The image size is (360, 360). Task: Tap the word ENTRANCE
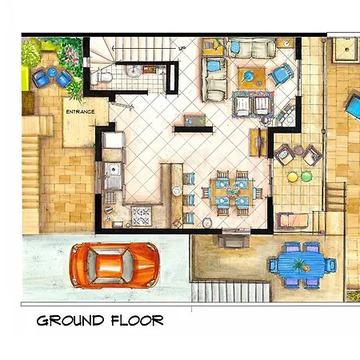point(80,112)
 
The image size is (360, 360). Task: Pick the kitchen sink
point(113,172)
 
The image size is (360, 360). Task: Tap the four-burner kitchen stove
point(142,214)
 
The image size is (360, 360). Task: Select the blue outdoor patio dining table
point(300,264)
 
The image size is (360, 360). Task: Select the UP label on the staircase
point(182,49)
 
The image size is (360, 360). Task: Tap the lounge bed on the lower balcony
point(297,220)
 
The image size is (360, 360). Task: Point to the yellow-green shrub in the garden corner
point(30,54)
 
